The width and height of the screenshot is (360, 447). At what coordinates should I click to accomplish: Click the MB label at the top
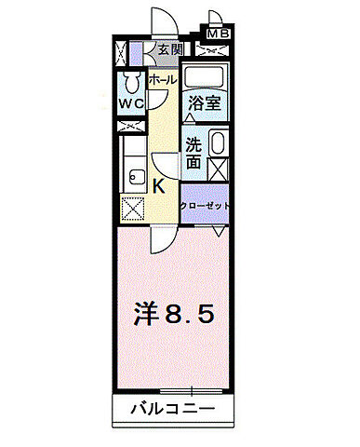coord(218,34)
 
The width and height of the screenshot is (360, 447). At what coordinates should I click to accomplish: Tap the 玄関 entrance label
coord(168,50)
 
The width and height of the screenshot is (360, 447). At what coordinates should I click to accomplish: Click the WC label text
coord(129,103)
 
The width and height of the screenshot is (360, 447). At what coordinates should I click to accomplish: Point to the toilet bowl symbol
coord(130,78)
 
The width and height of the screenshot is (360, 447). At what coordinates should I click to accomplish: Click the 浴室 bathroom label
coord(204,103)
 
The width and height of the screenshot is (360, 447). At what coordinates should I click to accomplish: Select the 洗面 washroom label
coord(193,154)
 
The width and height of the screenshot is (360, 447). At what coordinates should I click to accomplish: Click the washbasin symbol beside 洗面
coord(218,145)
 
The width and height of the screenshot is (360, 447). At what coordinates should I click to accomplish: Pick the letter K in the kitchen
coord(159,185)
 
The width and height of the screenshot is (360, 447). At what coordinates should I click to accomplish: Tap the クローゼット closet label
coord(205,205)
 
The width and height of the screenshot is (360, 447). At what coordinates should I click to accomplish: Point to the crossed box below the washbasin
coord(219,169)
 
